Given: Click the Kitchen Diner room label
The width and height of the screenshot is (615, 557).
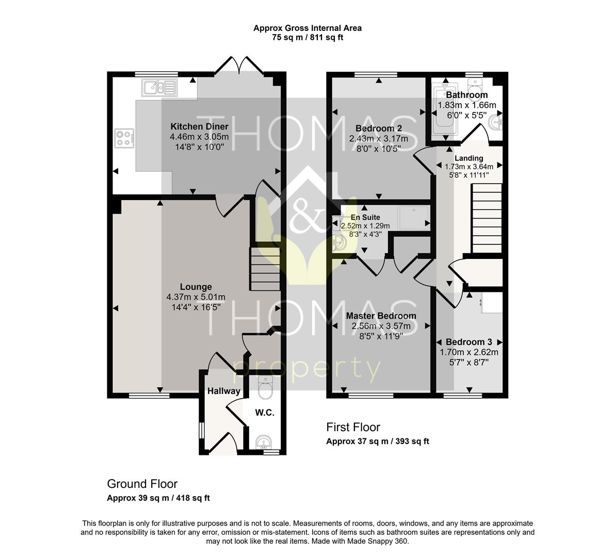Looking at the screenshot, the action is coord(199,126).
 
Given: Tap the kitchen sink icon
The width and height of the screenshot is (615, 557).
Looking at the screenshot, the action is coord(159,88).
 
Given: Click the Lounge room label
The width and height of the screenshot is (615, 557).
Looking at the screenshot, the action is coord(196,287).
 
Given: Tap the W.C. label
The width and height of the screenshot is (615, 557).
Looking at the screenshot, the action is coord(265,413).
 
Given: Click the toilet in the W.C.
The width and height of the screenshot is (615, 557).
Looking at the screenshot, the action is coord(266,386).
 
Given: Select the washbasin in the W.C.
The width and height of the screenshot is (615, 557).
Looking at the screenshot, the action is coord(264,442).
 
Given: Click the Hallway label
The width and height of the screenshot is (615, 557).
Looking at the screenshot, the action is coord(223,391).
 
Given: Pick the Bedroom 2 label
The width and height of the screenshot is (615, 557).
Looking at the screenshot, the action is coord(379,128).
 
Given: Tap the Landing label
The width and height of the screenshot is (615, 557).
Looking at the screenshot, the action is coord(468,158).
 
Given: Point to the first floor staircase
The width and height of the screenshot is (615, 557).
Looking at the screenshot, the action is coord(487,219).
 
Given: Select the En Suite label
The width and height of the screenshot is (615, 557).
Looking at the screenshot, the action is coord(365,217).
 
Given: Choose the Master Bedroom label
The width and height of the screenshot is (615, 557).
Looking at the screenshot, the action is coord(381,316).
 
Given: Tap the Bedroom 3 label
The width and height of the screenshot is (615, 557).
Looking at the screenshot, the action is coord(468,342).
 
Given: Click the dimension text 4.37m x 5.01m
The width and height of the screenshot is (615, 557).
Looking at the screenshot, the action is coord(196,297).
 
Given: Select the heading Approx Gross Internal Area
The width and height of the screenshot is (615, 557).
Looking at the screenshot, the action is coord(307,28).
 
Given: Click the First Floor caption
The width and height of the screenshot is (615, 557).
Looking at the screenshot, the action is coord(353,427).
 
